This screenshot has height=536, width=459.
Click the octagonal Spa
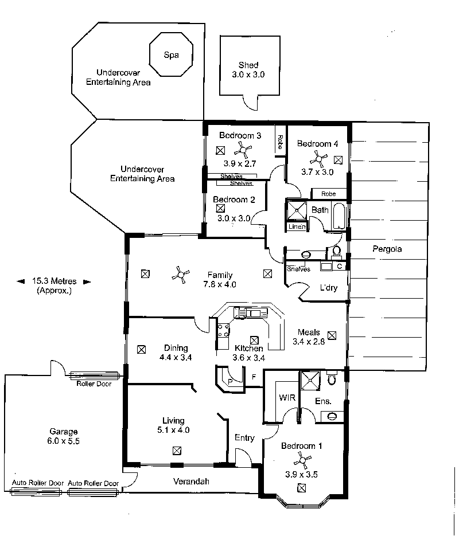click(171, 54)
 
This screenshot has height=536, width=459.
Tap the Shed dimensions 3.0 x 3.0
click(248, 75)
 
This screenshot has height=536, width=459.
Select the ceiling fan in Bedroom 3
click(243, 150)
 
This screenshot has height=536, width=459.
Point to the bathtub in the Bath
click(339, 217)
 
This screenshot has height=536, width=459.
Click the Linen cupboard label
click(297, 226)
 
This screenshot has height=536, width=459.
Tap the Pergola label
click(387, 249)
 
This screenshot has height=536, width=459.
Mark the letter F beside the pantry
click(254, 377)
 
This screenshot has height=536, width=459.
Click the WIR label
click(287, 397)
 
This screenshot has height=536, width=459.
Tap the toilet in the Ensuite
click(330, 378)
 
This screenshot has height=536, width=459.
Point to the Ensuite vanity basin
click(332, 416)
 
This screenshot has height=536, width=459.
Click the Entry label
click(244, 438)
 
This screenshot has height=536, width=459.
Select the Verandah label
click(191, 482)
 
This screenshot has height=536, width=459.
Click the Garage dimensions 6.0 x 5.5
click(63, 441)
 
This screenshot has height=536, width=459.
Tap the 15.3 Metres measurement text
click(55, 281)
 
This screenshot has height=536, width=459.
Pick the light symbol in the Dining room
click(141, 349)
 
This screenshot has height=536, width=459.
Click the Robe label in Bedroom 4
click(328, 194)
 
